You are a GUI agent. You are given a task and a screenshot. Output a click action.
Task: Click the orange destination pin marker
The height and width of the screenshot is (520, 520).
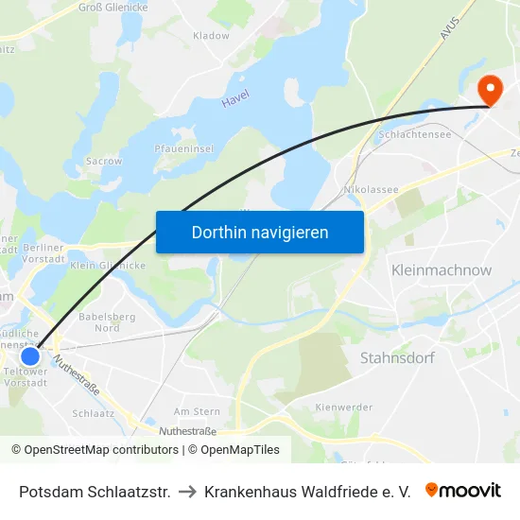point(492,91)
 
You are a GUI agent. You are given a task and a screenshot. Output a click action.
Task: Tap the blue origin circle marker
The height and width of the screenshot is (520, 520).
point(30,356)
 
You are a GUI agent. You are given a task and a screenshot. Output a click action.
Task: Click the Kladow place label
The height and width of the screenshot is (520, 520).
point(211,36)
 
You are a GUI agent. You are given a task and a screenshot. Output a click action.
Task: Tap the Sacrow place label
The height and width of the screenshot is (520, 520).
point(104,161)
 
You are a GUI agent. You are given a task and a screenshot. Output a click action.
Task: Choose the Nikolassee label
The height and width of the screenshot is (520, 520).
point(372,189)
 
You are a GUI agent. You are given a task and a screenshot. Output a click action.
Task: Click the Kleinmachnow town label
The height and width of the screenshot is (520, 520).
point(442,270)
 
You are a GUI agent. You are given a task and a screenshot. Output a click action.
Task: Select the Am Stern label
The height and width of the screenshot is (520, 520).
point(197,411)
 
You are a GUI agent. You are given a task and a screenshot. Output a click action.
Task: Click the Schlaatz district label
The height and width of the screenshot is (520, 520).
point(93,413)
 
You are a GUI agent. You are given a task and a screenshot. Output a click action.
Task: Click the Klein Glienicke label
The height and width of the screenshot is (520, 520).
point(108,266)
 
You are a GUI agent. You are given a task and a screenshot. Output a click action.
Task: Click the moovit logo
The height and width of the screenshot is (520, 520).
point(463,491)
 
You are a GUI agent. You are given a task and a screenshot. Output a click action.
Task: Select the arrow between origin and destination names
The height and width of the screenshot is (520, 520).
point(187,492)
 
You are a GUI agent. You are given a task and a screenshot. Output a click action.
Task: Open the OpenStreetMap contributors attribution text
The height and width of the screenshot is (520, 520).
point(96,450)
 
